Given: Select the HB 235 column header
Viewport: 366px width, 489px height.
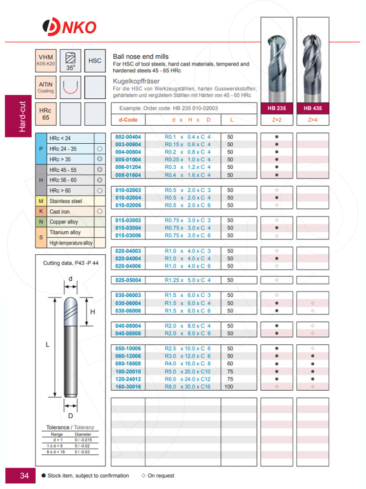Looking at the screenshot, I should tap(277, 109).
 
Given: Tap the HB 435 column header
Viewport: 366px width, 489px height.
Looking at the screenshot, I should tap(312, 109).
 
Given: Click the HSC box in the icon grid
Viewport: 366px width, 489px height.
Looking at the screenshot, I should tap(95, 61).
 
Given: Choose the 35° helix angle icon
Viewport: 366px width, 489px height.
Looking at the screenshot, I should tap(71, 61).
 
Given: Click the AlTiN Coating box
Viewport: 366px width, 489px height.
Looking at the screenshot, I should tap(46, 87).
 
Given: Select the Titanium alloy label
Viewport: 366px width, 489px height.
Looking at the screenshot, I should tap(65, 232).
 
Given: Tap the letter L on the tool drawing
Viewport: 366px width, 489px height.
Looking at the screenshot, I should tap(47, 344).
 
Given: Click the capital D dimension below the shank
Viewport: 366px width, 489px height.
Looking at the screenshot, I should tap(71, 416).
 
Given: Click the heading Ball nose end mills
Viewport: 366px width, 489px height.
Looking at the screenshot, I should tap(141, 57).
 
